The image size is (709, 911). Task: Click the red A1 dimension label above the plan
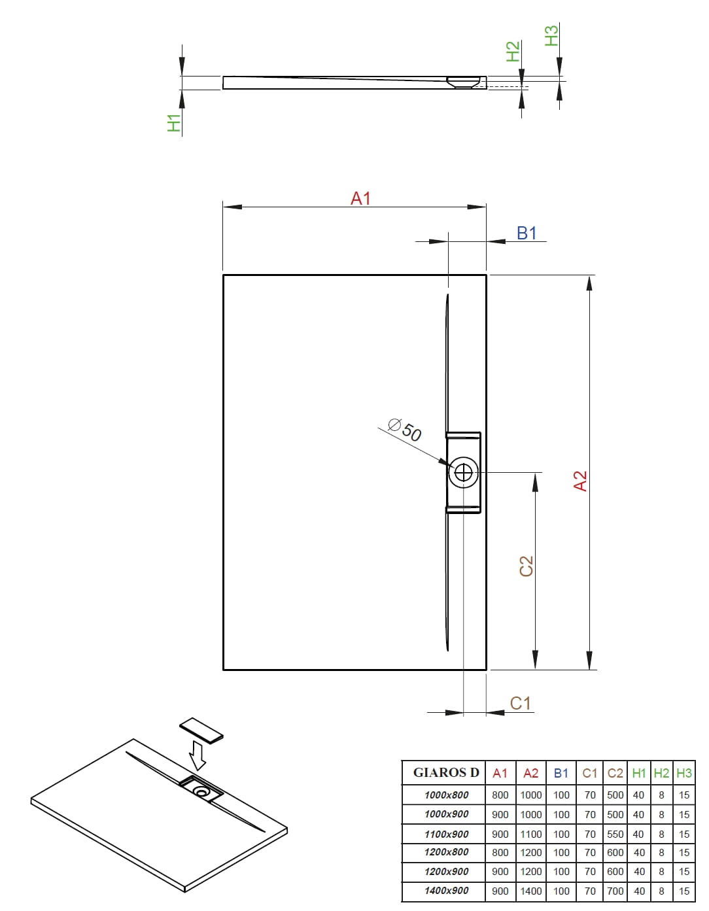pos(360,198)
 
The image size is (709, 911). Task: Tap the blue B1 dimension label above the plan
pos(527,233)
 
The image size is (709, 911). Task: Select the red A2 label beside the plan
pos(580,481)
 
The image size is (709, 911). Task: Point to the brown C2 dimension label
pos(526,566)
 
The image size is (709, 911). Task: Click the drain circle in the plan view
pos(463,472)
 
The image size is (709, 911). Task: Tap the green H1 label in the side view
pos(173,123)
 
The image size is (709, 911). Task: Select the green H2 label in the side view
pos(513,52)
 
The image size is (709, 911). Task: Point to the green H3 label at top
pos(552,35)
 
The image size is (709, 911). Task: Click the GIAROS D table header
pos(446,772)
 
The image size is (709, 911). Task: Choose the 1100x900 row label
pos(446,834)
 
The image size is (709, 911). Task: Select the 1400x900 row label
pos(446,891)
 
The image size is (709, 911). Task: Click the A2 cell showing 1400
pos(531,891)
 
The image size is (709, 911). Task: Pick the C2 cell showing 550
pos(615,834)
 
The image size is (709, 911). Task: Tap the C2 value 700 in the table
pos(615,891)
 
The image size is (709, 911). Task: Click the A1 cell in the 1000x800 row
pos(500,795)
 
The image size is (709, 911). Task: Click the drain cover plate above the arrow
pos(201,731)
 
